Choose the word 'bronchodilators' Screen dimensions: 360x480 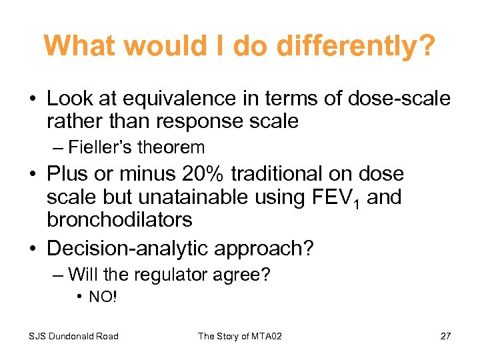pyautogui.click(x=119, y=219)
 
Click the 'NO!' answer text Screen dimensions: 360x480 pyautogui.click(x=103, y=297)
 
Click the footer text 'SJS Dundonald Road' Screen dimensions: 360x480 pyautogui.click(x=73, y=336)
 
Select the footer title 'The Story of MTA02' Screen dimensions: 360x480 pyautogui.click(x=240, y=336)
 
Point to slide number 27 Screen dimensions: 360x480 pyautogui.click(x=445, y=336)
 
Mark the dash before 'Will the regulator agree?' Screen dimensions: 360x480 pyautogui.click(x=59, y=274)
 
